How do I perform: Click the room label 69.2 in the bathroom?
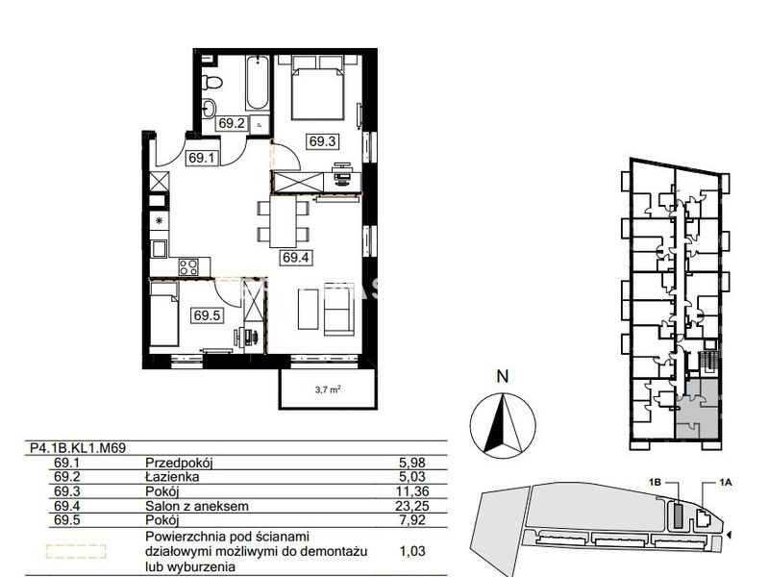(232, 123)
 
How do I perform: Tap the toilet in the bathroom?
(211, 82)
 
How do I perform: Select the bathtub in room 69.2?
(257, 84)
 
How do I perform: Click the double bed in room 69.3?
(317, 88)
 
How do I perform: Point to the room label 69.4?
(296, 257)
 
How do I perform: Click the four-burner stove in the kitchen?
(188, 267)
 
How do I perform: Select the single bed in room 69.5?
(163, 314)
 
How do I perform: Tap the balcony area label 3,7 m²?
(327, 390)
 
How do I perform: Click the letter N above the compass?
(502, 377)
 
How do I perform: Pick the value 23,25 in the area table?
(412, 506)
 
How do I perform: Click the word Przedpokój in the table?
(179, 463)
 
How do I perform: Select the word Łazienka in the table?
(172, 476)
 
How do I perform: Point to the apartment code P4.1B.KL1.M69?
(79, 448)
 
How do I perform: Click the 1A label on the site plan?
(726, 483)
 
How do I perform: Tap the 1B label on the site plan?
(655, 483)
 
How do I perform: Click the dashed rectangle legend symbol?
(76, 551)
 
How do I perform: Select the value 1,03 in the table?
(412, 551)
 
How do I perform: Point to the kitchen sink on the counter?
(159, 249)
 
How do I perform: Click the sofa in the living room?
(338, 311)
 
